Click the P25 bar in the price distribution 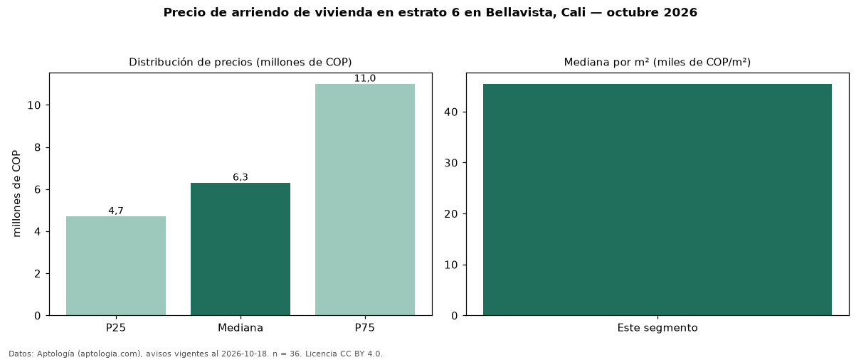pos(116,266)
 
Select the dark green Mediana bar pos(241,249)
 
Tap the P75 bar pos(365,200)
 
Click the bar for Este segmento pos(657,200)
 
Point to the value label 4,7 pos(116,211)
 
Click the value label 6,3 pos(241,177)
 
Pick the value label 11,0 pos(365,78)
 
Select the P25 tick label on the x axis pos(116,328)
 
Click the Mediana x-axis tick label pos(241,328)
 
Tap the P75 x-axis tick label pos(365,328)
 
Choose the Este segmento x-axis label pos(657,328)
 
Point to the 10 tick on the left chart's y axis pos(34,105)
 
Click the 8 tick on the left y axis pos(37,147)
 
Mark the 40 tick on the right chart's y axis pos(451,112)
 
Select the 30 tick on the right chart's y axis pos(451,163)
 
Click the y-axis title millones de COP pos(16,194)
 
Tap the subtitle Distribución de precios pos(189,62)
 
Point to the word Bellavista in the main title pos(520,12)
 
